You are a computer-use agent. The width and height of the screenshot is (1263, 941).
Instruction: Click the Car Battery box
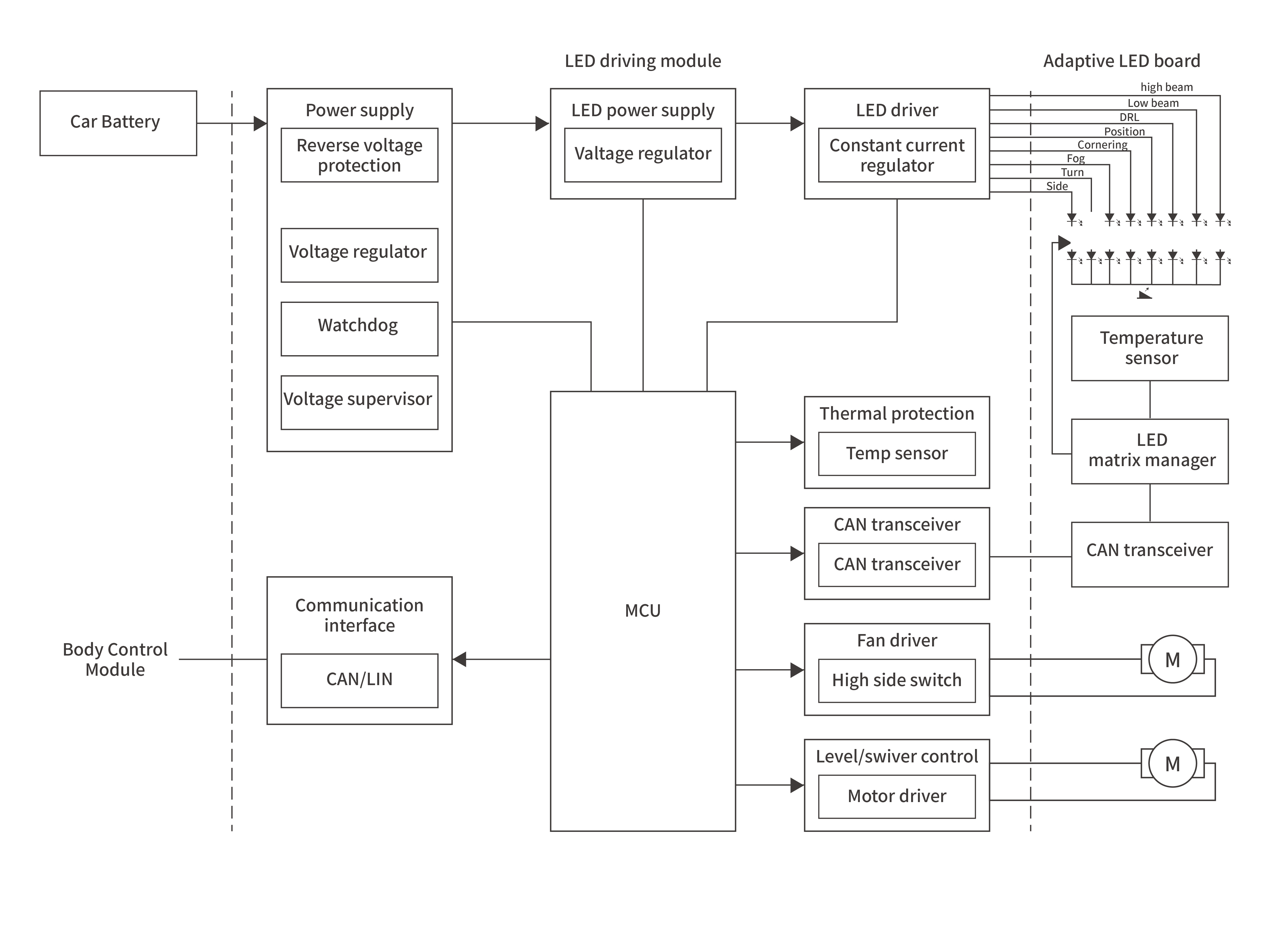[x=118, y=123]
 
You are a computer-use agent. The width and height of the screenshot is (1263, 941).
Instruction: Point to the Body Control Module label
[x=115, y=660]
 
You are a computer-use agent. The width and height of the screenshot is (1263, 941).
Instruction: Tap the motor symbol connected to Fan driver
[x=1172, y=660]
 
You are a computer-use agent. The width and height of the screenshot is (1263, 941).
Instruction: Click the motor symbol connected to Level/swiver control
[x=1172, y=763]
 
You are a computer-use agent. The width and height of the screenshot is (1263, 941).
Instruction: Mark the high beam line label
[x=1166, y=87]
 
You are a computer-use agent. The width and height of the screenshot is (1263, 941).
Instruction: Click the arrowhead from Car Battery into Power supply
[x=260, y=123]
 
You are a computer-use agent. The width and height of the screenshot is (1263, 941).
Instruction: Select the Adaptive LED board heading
[x=1121, y=61]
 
